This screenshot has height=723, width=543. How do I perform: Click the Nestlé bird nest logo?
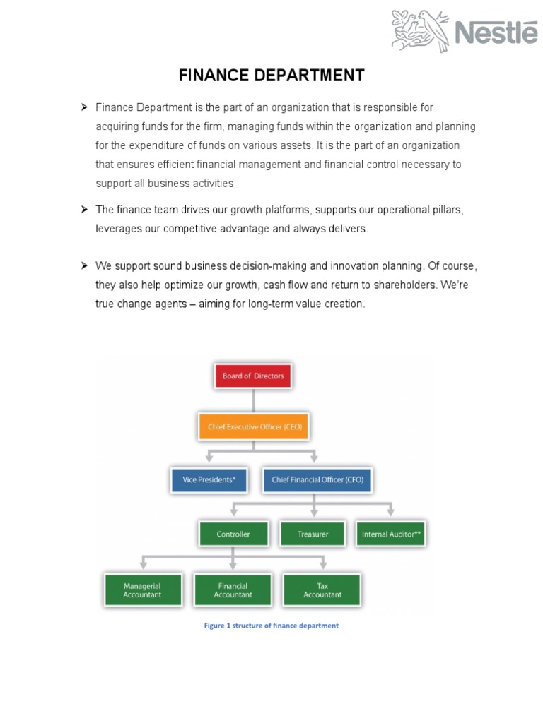point(420,31)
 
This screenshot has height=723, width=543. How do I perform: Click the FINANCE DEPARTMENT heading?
point(271,76)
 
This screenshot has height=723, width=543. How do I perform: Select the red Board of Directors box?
point(253,376)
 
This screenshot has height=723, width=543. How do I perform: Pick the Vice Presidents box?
point(209,480)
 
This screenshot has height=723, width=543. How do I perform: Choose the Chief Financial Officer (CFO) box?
point(317,480)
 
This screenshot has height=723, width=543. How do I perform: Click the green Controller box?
point(233,534)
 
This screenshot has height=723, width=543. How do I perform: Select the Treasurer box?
point(313,534)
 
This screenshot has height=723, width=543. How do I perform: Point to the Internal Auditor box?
point(391,534)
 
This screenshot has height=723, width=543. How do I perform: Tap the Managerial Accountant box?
point(143,590)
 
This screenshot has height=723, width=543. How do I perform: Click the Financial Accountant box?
point(233,590)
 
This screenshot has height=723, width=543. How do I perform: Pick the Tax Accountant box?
point(322,590)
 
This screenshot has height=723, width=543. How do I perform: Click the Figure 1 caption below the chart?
point(271,626)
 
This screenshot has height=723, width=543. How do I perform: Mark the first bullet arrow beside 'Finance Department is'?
point(83,107)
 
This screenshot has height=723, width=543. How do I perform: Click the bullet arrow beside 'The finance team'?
point(83,210)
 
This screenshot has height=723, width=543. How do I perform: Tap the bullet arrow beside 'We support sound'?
point(83,265)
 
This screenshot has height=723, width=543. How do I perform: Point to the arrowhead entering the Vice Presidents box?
point(209,460)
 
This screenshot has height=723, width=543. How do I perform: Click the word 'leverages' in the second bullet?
point(118,229)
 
